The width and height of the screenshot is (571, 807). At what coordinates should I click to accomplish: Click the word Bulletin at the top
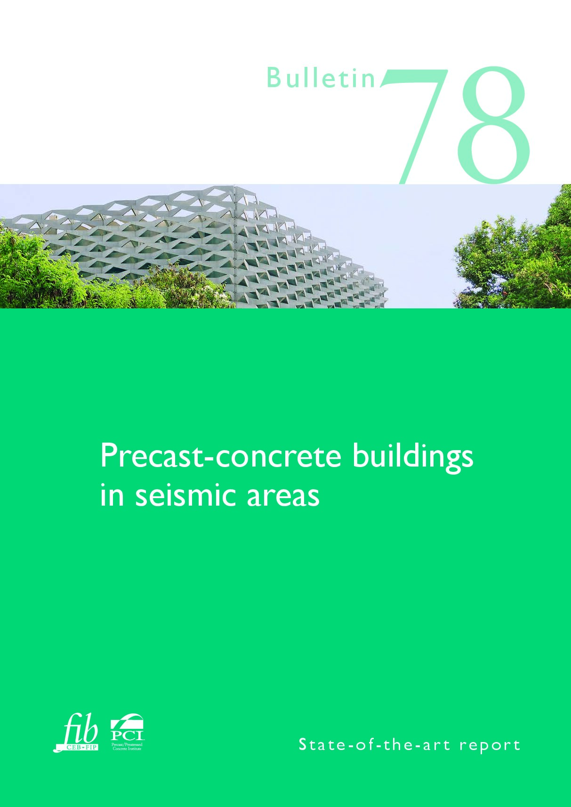[321, 78]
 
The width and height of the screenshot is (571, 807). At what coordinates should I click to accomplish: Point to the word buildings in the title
[412, 457]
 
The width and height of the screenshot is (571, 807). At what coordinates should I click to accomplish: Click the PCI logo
[127, 729]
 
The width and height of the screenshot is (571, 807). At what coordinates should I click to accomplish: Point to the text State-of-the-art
[374, 745]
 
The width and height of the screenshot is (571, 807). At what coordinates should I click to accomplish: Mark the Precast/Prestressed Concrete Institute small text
[127, 746]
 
